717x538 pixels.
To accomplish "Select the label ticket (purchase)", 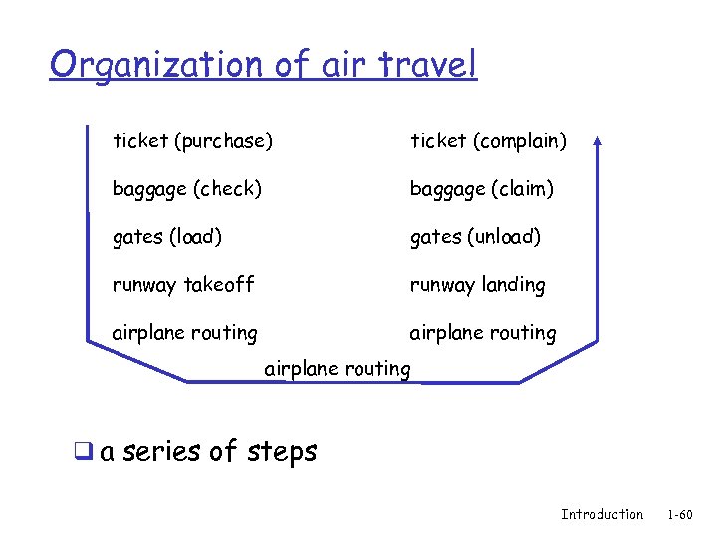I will coord(192,141).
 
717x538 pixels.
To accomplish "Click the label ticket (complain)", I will coord(489,141).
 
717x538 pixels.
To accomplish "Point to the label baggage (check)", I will coord(187,188).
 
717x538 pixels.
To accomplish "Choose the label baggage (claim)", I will coord(482,188).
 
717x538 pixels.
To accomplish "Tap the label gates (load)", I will coord(167,237).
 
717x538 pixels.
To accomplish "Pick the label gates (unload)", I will coord(476,237).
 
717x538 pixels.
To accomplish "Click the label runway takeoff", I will coord(183,285).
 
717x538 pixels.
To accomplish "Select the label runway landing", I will coord(478,285).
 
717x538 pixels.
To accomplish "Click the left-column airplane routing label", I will coord(184,333).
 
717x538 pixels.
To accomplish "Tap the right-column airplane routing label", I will coord(483,333).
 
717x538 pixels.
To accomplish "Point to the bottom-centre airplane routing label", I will coord(338,369).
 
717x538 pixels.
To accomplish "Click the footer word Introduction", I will coord(601,514).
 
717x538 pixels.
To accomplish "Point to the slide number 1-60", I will coord(680,514).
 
